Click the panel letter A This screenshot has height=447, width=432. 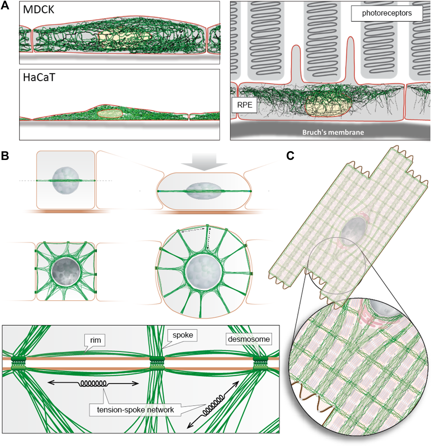pyautogui.click(x=5, y=6)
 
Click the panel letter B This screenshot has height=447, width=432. pyautogui.click(x=5, y=156)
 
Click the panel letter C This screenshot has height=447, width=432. pyautogui.click(x=290, y=156)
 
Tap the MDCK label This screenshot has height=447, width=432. pyautogui.click(x=38, y=10)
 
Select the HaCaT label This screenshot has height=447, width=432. pyautogui.click(x=39, y=77)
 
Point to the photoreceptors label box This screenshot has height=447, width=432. pyautogui.click(x=387, y=13)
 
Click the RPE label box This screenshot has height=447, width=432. pyautogui.click(x=244, y=105)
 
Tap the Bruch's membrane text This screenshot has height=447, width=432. pyautogui.click(x=333, y=132)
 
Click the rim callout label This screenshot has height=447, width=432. pyautogui.click(x=95, y=340)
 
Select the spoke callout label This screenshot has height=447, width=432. pyautogui.click(x=183, y=335)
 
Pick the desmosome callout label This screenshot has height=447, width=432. pyautogui.click(x=249, y=339)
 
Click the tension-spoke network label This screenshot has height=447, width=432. pyautogui.click(x=135, y=410)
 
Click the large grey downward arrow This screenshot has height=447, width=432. pyautogui.click(x=204, y=162)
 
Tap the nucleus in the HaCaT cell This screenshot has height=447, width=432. pyautogui.click(x=110, y=113)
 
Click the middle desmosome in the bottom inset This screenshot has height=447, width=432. pyautogui.click(x=157, y=363)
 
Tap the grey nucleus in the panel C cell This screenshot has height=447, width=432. pyautogui.click(x=354, y=230)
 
